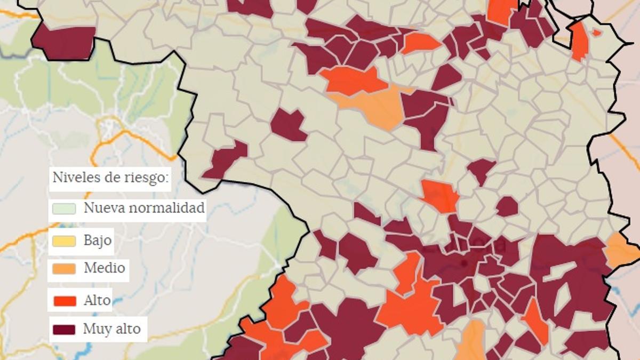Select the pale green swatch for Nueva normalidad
coord(64,209)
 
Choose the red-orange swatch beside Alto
coord(64,301)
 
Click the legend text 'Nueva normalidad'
coord(143,208)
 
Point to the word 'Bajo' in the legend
coord(98,241)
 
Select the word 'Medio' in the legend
coord(105,268)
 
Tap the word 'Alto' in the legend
coord(97,300)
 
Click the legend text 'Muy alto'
coord(111,329)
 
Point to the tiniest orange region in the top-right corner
coord(596,33)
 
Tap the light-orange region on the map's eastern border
coord(621,250)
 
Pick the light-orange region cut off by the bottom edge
coord(471,341)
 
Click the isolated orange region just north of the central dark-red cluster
coord(441,195)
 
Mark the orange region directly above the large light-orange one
coord(353,81)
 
